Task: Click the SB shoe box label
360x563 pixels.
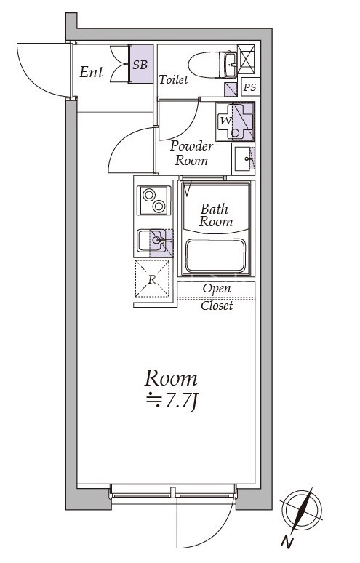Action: (x=140, y=65)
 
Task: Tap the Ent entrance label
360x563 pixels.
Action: (x=91, y=72)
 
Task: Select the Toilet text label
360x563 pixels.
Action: (x=173, y=79)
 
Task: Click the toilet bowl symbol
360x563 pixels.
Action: (x=212, y=65)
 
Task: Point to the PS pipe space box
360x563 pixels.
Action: (x=250, y=87)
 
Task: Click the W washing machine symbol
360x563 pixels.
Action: (x=235, y=121)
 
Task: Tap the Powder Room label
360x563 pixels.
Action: (x=191, y=153)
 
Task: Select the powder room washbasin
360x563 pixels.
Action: (x=243, y=159)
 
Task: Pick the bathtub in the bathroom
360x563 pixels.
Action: (x=215, y=255)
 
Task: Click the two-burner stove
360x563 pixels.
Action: (x=154, y=200)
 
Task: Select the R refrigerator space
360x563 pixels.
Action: (x=152, y=279)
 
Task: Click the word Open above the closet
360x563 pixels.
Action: (x=217, y=289)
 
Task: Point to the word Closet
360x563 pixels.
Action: (x=217, y=306)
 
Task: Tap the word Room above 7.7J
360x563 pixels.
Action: (x=171, y=378)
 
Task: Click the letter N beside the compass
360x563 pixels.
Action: (x=287, y=542)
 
